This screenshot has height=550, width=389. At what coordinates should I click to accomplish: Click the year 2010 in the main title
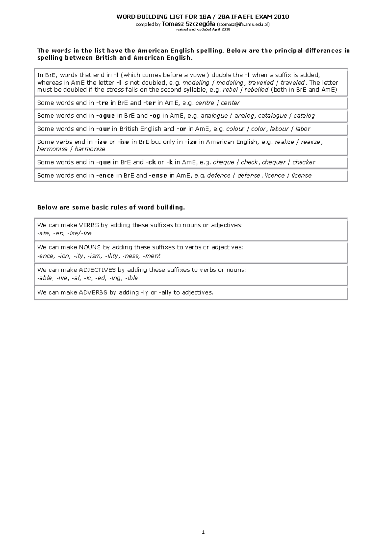(281, 17)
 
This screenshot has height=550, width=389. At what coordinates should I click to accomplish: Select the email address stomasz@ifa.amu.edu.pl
(243, 24)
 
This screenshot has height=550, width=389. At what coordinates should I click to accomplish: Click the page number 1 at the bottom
(203, 532)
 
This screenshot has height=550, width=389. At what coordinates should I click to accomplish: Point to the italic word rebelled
(256, 90)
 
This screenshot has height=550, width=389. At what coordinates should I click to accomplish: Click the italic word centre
(205, 103)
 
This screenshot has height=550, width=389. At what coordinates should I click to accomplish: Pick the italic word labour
(279, 129)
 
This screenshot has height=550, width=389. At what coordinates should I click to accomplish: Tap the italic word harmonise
(52, 149)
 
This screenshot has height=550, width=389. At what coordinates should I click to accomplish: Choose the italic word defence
(219, 175)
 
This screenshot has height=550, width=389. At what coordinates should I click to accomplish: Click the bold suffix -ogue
(105, 116)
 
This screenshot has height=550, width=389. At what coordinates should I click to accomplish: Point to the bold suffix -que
(103, 162)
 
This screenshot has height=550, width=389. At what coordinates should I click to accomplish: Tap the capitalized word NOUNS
(90, 247)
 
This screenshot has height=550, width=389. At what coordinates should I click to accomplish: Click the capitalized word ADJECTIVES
(97, 270)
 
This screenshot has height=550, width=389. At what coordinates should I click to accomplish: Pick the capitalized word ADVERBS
(93, 292)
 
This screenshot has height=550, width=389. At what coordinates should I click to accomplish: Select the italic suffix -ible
(131, 278)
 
